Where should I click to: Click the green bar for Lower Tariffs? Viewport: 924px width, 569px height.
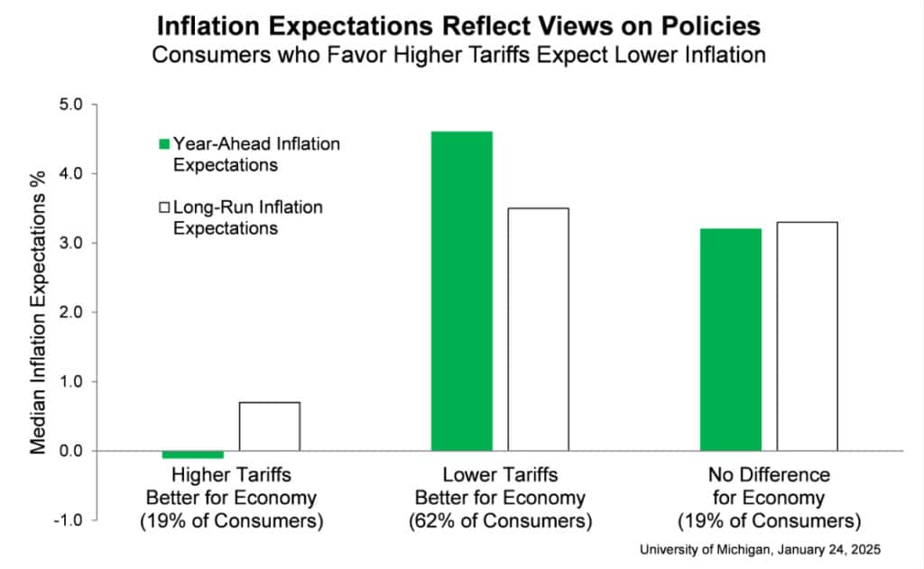461,290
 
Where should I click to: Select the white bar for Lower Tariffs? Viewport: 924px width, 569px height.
538,329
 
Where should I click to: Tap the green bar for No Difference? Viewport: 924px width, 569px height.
731,339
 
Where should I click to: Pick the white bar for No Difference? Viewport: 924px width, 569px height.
807,335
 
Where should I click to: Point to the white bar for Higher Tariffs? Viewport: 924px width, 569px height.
269,426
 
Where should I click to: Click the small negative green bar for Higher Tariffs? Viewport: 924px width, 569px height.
192,454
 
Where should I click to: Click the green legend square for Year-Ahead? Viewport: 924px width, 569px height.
164,143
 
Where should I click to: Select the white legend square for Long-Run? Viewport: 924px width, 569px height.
164,207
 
